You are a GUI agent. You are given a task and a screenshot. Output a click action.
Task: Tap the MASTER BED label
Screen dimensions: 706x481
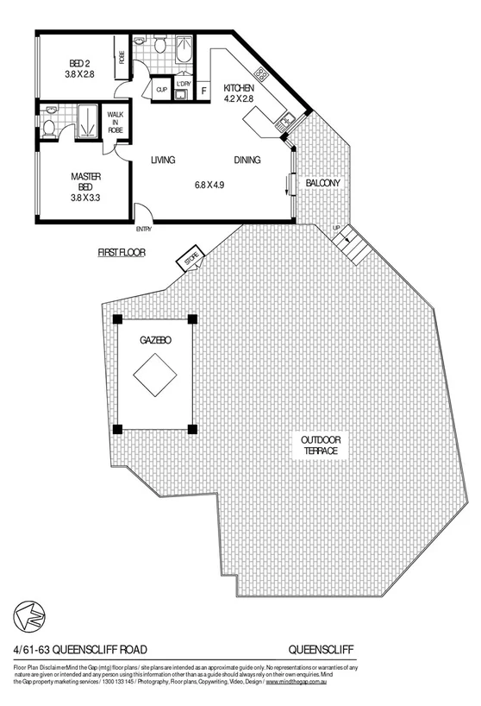[x=87, y=185]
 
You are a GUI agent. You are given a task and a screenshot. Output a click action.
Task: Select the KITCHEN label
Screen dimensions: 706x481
[x=239, y=93]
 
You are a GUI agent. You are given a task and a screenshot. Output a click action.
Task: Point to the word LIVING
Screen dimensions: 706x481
[x=164, y=161]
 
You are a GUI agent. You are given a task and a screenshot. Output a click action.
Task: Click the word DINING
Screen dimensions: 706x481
[x=247, y=161]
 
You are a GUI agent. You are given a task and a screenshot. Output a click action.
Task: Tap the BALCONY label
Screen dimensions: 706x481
[x=322, y=183]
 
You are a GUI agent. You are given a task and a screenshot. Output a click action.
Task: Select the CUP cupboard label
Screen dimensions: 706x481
[x=161, y=89]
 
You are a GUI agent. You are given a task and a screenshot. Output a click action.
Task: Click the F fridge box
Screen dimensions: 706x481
[x=204, y=89]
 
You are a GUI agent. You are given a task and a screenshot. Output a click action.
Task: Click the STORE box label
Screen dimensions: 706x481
[x=191, y=256]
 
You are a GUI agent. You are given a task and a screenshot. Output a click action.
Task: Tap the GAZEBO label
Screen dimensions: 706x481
[x=155, y=340]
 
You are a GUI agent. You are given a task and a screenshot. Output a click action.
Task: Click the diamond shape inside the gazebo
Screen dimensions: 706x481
[x=155, y=375]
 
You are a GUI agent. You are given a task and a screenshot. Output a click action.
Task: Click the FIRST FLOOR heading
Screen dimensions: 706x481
[x=121, y=253]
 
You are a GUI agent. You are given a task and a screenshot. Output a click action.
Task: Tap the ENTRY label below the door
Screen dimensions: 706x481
[x=143, y=229]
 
